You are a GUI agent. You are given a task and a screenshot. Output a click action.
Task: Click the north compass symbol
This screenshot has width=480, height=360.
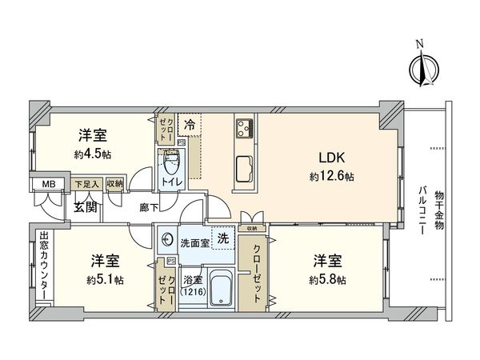pyautogui.click(x=422, y=67)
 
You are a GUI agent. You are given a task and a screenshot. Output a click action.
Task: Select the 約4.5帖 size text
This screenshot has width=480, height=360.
pyautogui.click(x=93, y=153)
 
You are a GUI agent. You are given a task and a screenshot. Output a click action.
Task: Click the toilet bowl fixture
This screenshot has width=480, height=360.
pyautogui.click(x=170, y=166)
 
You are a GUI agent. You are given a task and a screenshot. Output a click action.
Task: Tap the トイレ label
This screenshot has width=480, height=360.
pyautogui.click(x=172, y=182)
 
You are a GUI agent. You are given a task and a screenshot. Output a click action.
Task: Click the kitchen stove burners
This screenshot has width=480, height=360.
pyautogui.click(x=244, y=126)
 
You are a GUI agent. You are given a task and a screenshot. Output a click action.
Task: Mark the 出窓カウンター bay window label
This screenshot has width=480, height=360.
pyautogui.click(x=44, y=263)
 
